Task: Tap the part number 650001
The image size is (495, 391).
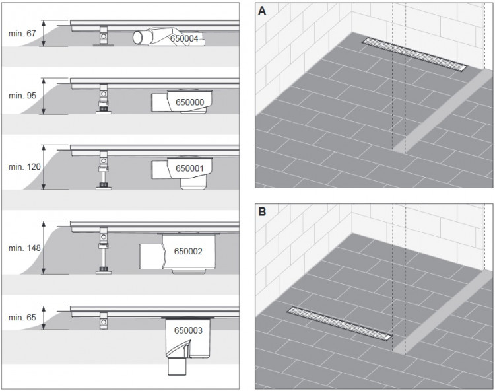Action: coord(189,168)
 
